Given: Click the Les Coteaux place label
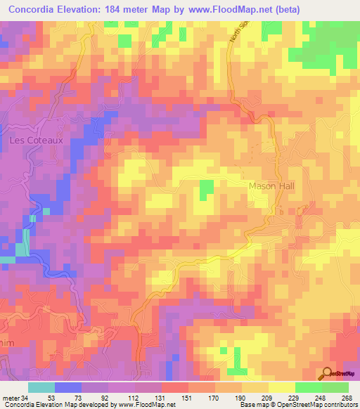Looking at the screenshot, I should click(36, 140).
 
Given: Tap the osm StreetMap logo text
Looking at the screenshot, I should click(344, 375).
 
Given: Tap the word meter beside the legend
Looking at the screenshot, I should click(11, 397).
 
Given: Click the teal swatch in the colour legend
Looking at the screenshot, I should click(41, 387).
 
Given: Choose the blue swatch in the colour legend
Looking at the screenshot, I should click(68, 387).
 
